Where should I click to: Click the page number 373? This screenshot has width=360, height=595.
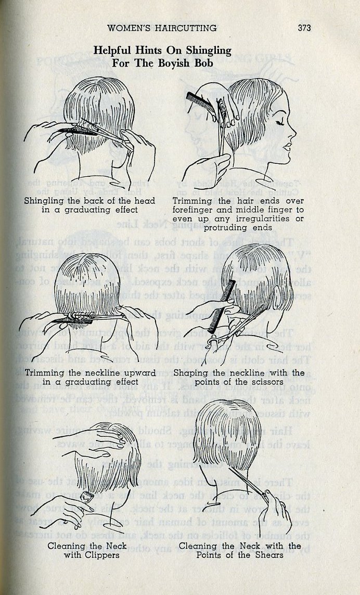pos(304,28)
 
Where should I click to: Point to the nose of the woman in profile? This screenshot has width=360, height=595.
pos(293,133)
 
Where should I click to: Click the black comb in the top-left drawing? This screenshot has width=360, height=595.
pos(78,131)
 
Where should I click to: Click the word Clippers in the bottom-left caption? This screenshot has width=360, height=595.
pos(102,555)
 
